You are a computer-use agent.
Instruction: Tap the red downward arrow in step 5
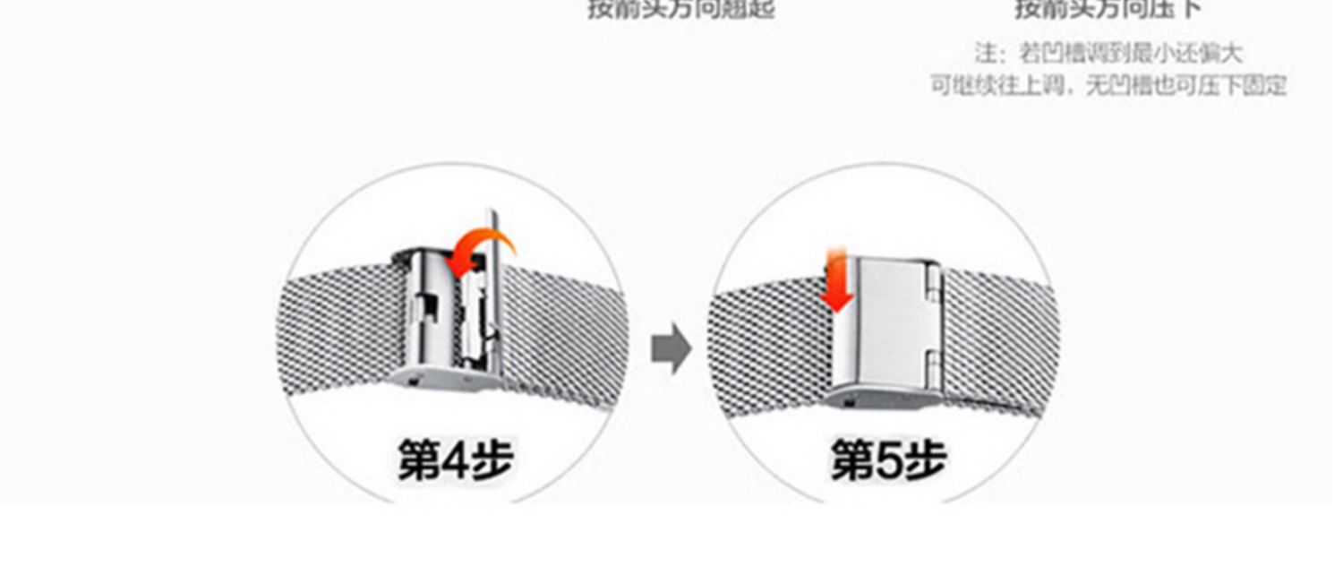coord(836,285)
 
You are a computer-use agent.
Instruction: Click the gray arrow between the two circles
coord(671,349)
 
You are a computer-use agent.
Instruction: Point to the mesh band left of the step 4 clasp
coord(336,331)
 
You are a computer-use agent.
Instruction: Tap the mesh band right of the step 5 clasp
coord(998,336)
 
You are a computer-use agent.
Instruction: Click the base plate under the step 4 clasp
coord(448,379)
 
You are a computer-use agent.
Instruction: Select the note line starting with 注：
coord(1108,54)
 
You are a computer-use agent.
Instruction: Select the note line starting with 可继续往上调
coord(1108,86)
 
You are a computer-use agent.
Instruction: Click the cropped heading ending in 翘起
coord(680,10)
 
